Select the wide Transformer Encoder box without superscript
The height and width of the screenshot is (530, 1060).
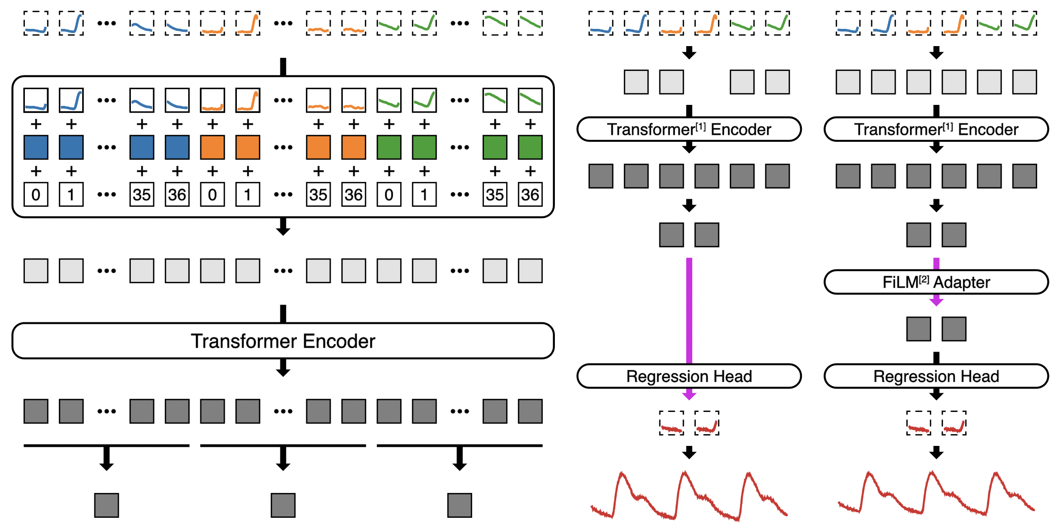point(283,341)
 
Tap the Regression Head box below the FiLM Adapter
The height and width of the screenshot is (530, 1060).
point(936,376)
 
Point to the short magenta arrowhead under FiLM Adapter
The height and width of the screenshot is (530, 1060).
point(936,301)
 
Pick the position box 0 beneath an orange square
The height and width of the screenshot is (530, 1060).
point(213,195)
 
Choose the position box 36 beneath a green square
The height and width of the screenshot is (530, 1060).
point(530,195)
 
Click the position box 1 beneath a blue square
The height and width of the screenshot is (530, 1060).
point(71,195)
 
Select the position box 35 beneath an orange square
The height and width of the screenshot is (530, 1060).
point(319,195)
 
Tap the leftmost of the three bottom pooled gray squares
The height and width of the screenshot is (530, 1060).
point(107,505)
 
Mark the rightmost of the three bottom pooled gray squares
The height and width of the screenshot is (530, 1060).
point(460,505)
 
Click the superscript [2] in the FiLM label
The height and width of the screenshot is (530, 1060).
point(924,279)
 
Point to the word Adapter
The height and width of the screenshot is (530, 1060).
point(962,283)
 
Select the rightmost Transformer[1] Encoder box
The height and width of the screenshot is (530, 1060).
point(936,129)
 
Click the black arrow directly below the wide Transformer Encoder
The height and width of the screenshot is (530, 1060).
point(283,368)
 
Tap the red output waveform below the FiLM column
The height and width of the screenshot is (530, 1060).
point(936,494)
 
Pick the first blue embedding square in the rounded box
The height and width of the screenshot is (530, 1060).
point(36,147)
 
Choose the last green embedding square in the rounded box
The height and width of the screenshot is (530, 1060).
point(530,147)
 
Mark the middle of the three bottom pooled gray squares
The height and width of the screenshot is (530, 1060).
point(283,505)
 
